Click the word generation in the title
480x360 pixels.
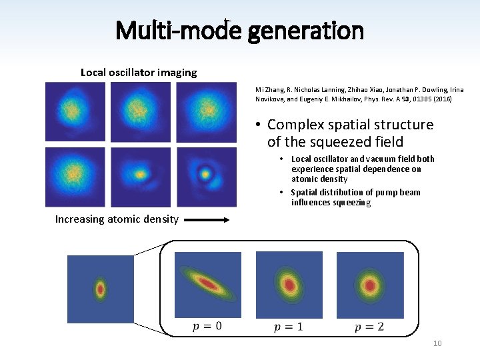(x=306, y=31)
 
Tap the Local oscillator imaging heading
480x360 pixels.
(x=139, y=72)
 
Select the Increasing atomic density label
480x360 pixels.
(x=117, y=219)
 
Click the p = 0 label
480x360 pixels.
(x=207, y=326)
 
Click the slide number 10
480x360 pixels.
(x=437, y=343)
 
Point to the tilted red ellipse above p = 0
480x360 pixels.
(x=209, y=284)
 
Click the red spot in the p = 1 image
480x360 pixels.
(x=290, y=285)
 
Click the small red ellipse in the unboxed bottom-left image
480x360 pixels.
(x=100, y=289)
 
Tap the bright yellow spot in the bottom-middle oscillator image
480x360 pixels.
(x=140, y=175)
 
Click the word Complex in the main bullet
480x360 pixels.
(x=296, y=125)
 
